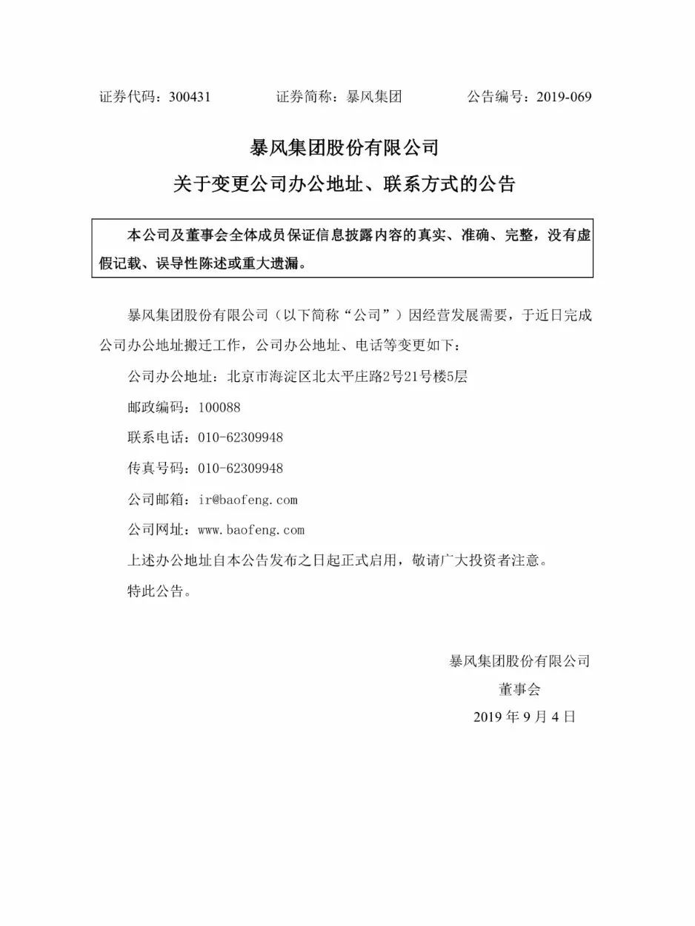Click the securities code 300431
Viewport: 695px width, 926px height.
(190, 97)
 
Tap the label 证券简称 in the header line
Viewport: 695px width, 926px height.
(304, 97)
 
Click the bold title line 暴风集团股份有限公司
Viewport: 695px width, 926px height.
(345, 147)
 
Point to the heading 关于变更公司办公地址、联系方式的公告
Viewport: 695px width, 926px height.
(345, 184)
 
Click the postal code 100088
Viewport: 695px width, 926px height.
(219, 407)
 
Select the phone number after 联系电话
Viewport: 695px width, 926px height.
(240, 437)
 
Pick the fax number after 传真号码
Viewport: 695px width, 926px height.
(240, 469)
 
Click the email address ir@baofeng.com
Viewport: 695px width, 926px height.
(247, 500)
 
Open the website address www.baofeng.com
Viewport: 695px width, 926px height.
(251, 530)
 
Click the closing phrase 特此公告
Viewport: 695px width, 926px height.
(159, 591)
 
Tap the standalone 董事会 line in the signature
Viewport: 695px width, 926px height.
(520, 689)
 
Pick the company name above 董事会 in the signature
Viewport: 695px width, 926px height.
(519, 661)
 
